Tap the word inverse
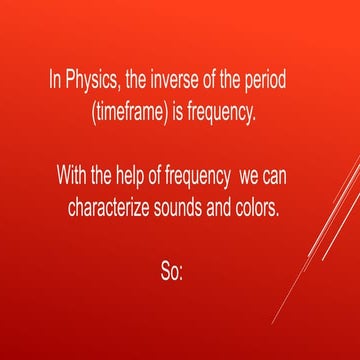coord(173,79)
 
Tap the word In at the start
coord(55,79)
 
